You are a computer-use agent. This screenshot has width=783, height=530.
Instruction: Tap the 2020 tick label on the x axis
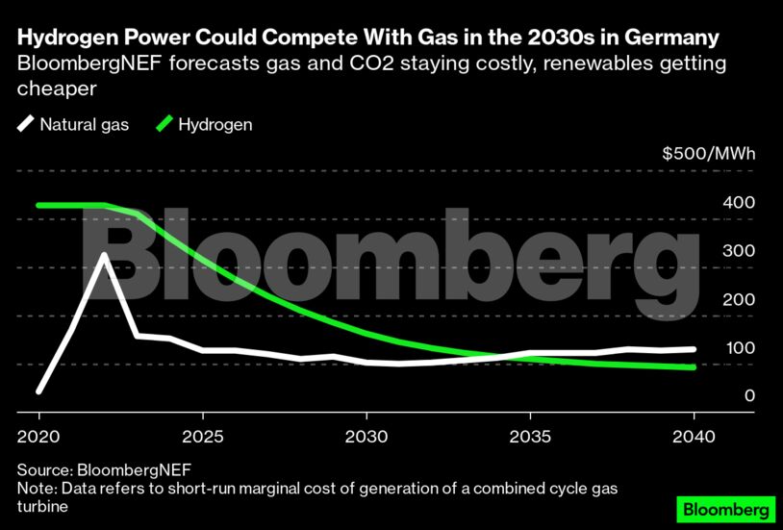[x=38, y=435]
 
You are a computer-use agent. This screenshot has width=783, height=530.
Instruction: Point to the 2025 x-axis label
[x=202, y=435]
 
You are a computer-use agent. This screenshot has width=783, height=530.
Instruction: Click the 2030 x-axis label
[x=366, y=435]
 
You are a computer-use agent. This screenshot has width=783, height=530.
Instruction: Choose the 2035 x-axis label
[x=529, y=435]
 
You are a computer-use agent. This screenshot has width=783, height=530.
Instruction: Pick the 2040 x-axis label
[x=693, y=435]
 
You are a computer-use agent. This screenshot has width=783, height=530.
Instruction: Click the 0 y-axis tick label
[x=721, y=395]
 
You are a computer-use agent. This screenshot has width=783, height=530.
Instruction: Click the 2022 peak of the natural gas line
[x=104, y=255]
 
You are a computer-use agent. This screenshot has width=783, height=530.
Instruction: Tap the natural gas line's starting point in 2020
[x=38, y=391]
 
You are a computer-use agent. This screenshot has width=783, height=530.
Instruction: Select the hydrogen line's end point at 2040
[x=693, y=367]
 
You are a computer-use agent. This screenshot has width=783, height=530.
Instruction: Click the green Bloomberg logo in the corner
[x=727, y=507]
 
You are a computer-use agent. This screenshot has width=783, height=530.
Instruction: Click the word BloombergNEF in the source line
[x=130, y=470]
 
